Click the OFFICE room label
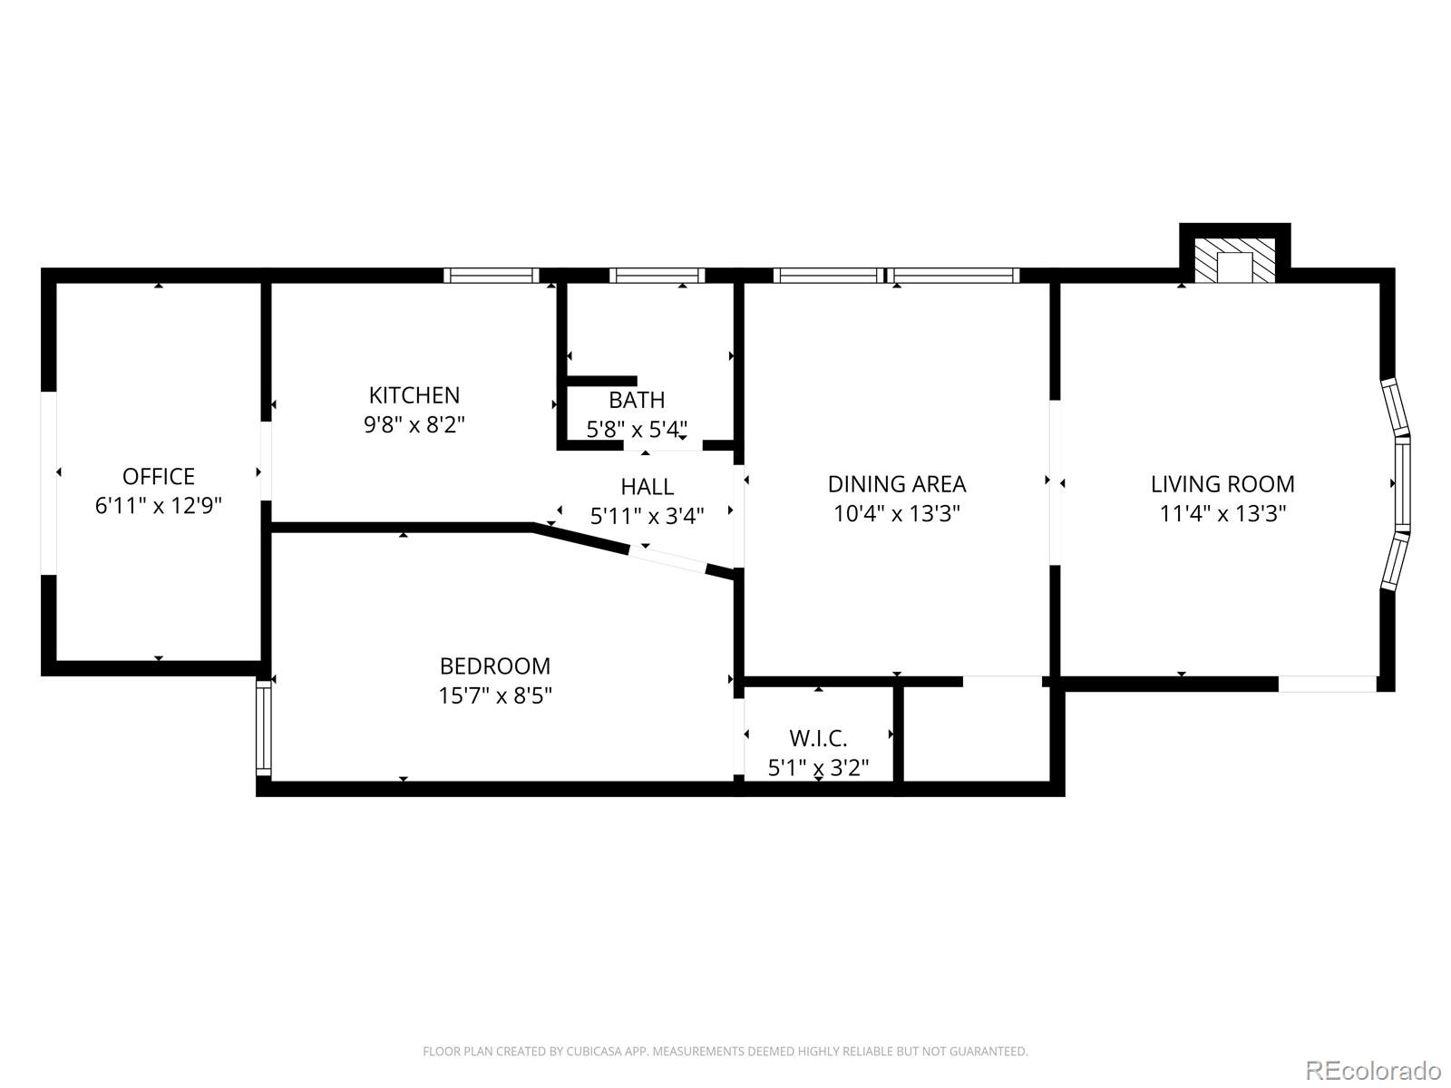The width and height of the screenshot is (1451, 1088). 158,476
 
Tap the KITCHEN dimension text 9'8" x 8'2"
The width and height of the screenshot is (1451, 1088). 414,424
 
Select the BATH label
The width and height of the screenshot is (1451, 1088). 637,399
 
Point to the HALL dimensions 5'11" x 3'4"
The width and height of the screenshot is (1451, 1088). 647,516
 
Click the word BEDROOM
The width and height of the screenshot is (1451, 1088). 494,665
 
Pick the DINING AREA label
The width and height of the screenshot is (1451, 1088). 896,483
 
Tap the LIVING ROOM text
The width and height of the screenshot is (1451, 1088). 1222,483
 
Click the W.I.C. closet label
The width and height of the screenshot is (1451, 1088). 817,737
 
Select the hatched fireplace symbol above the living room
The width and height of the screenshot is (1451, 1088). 1233,261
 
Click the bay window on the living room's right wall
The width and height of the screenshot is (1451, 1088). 1401,484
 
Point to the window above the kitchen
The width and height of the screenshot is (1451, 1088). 491,276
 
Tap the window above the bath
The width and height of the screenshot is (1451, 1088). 657,276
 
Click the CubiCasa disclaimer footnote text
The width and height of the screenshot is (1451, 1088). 725,1052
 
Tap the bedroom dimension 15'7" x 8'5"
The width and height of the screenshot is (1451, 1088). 494,695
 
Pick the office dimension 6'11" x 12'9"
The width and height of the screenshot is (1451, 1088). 158,506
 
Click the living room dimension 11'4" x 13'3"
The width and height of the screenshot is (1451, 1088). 1222,513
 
